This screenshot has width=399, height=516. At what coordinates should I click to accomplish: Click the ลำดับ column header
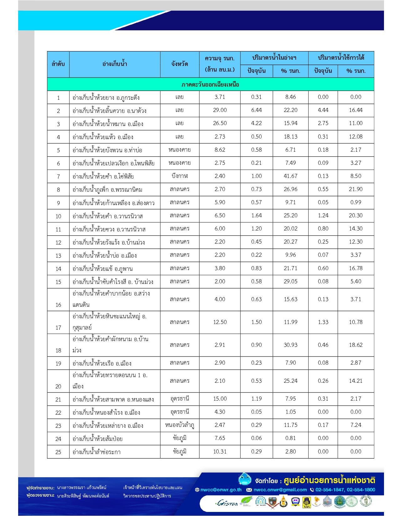tap(58, 64)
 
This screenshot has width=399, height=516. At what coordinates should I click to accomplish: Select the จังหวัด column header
tap(180, 64)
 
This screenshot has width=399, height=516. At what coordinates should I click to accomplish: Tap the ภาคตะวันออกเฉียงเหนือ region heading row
tap(210, 84)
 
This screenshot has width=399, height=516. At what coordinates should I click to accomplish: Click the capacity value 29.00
tap(220, 110)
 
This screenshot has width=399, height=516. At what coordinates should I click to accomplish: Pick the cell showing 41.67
tap(290, 176)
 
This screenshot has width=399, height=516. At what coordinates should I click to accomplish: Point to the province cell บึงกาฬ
tap(180, 176)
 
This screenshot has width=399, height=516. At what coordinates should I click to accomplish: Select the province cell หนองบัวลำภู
tap(180, 425)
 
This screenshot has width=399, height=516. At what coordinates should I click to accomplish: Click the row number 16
tap(58, 305)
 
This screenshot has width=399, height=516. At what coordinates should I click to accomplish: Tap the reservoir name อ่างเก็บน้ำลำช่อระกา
tap(96, 452)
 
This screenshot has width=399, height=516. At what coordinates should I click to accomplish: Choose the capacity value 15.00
tap(220, 399)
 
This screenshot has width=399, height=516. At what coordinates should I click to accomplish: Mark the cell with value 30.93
tap(290, 345)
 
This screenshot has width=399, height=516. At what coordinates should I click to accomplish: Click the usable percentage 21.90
tap(356, 189)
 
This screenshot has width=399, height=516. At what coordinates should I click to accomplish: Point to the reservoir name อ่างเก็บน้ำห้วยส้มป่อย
tap(97, 439)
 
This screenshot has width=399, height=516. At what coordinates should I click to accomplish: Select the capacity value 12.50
tap(220, 322)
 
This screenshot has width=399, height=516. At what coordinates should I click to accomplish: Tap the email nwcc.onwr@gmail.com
tap(280, 490)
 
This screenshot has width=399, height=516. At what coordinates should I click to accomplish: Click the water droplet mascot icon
tap(245, 479)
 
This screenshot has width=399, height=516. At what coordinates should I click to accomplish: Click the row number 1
tap(58, 98)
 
